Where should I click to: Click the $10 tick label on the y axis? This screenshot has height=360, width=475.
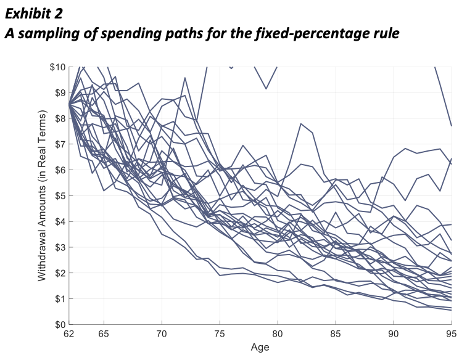58,67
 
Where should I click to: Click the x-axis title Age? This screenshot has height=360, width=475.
260,347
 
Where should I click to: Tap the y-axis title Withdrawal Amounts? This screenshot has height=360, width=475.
42,196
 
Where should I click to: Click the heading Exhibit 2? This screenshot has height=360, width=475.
33,12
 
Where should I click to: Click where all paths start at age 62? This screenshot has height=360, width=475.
69,105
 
